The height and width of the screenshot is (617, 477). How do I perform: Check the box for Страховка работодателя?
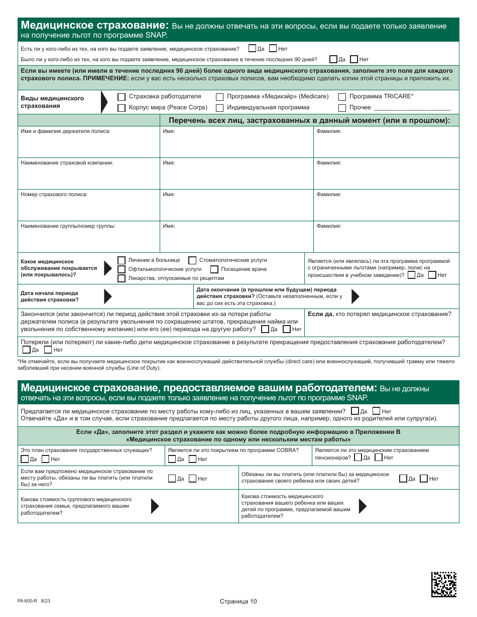tap(121, 97)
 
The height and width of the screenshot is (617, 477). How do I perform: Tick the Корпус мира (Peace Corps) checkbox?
tap(121, 108)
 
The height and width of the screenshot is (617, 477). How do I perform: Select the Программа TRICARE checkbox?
tap(342, 97)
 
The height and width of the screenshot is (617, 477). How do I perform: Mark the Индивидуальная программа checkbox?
tap(219, 108)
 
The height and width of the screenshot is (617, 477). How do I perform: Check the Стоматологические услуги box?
tap(192, 260)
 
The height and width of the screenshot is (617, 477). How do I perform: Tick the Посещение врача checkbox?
tap(214, 269)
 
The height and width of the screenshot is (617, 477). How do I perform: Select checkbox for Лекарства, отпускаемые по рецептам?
tap(121, 278)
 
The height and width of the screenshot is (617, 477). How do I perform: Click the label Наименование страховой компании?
tap(67, 163)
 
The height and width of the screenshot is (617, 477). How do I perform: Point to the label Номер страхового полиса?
tap(54, 195)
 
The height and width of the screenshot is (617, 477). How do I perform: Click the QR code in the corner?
tap(444, 584)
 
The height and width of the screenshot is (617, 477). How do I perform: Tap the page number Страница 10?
tap(238, 601)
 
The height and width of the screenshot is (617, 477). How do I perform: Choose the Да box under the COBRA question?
tap(172, 459)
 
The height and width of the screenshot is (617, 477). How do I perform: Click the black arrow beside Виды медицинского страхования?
tap(104, 102)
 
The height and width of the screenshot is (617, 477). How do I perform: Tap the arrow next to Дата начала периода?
tap(107, 296)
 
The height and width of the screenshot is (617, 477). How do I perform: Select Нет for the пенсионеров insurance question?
tap(388, 457)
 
